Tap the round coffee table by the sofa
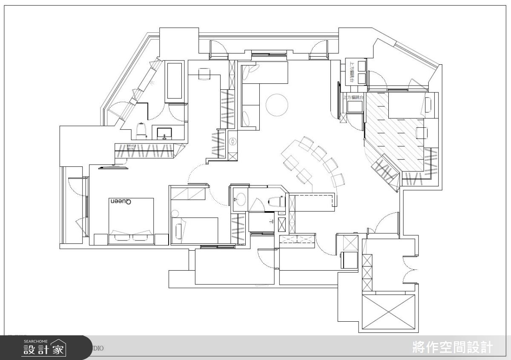pos(277,104)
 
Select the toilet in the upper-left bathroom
pos(141,131)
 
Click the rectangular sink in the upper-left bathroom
pos(164,134)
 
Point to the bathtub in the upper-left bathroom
pos(175,81)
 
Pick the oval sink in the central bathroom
pos(241,199)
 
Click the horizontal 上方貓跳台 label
pos(354,98)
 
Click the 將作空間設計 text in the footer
pos(453,348)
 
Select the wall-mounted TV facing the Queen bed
pos(113,168)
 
